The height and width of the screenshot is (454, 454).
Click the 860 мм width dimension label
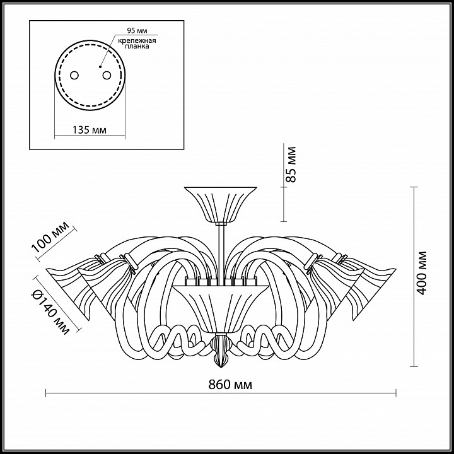point(230,385)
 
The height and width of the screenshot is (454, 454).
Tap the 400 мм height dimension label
point(422,273)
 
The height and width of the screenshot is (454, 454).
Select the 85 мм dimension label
point(291,165)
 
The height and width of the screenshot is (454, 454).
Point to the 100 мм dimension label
point(50,237)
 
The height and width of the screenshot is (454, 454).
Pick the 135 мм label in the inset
point(89,130)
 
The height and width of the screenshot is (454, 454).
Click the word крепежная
point(137,40)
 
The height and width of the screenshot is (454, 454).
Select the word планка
point(137,46)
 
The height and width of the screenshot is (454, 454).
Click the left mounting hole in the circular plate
point(74,75)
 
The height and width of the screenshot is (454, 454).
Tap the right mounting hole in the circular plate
point(107,75)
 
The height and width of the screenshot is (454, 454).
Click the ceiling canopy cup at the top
point(221,205)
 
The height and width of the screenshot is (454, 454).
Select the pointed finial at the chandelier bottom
point(221,351)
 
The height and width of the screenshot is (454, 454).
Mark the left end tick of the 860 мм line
point(46,393)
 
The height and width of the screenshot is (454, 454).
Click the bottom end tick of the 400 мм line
point(414,366)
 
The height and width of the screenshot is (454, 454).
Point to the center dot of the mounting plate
point(100,67)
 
